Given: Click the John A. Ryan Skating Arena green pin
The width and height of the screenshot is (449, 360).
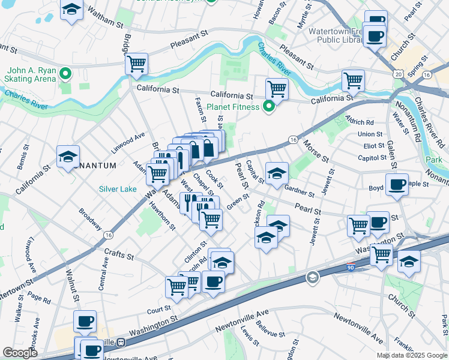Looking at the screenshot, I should point(66,75).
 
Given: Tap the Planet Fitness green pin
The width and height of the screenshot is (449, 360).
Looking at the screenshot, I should point(270,107).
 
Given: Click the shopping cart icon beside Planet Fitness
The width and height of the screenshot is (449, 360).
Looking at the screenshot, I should point(277,89).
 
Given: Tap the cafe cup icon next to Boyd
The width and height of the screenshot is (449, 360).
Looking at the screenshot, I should point(397,185).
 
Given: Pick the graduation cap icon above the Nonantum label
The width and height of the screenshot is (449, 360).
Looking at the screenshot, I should point(68,157).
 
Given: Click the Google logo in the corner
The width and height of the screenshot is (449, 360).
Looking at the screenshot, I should point(20,353).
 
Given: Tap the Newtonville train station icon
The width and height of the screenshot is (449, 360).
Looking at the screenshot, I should point(121,342).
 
